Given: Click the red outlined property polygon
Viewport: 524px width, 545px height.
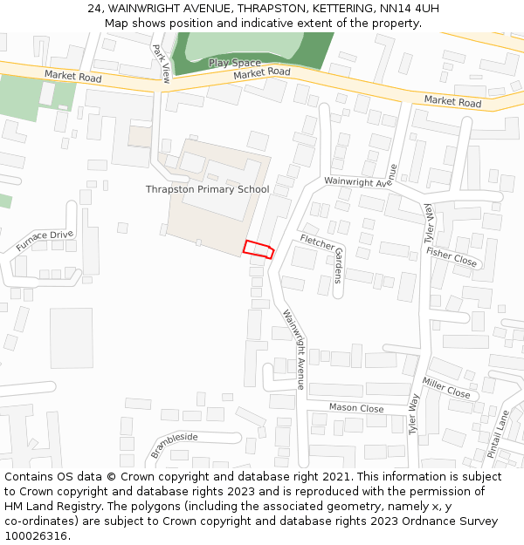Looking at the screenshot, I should [259, 249].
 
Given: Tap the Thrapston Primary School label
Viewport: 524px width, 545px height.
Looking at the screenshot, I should [207, 189].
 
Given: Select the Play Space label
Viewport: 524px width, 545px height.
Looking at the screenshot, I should [234, 63].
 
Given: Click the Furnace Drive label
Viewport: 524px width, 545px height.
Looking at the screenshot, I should [45, 241].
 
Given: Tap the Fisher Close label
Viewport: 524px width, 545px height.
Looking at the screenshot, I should [452, 256].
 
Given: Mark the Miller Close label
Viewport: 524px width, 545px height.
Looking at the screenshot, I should [446, 388].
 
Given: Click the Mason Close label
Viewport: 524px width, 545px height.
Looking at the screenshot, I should [356, 407].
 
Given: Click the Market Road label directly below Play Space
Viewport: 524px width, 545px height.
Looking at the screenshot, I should [262, 73].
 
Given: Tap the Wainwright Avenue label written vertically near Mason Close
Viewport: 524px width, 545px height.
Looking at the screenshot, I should [293, 349].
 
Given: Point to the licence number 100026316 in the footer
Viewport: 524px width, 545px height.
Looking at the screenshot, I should [36, 536].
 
